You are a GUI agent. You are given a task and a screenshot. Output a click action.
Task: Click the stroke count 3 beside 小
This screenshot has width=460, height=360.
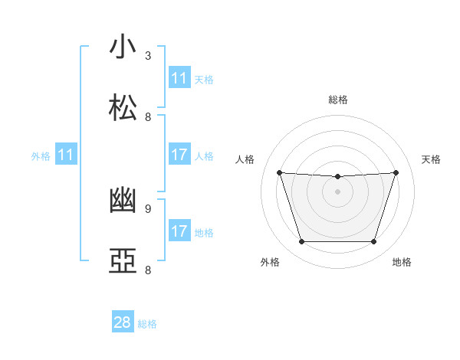[148, 56]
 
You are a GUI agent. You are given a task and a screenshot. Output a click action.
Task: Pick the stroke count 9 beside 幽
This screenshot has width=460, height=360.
[148, 208]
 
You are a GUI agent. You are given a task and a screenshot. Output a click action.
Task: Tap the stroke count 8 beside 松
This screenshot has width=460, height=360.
[148, 117]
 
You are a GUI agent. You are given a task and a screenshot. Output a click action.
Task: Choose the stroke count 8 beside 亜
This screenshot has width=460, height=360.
[148, 270]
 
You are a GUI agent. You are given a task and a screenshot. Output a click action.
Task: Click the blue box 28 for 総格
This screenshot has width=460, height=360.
[123, 322]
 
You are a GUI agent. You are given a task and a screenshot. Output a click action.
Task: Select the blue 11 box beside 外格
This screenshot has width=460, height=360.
[66, 155]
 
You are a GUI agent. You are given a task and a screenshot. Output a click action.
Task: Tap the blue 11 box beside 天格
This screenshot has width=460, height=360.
[179, 78]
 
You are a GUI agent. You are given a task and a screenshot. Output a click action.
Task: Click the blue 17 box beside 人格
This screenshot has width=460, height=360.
[179, 155]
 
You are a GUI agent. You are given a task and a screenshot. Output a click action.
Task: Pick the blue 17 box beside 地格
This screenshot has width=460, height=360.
[179, 231]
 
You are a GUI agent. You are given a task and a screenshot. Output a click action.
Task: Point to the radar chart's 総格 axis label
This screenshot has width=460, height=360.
[338, 100]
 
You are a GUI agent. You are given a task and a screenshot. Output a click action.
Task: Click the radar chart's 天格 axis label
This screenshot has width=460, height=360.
[432, 159]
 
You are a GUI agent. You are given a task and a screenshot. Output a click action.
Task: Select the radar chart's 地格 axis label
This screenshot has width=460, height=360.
[402, 262]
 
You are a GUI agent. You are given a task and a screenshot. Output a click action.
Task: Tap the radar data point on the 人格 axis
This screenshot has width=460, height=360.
[280, 172]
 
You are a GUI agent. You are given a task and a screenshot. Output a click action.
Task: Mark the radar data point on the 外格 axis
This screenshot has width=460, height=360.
[301, 242]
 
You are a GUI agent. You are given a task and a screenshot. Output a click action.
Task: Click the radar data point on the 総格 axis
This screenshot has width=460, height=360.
[337, 177]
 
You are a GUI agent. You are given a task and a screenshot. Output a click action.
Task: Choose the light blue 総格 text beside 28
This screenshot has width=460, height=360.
[147, 324]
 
